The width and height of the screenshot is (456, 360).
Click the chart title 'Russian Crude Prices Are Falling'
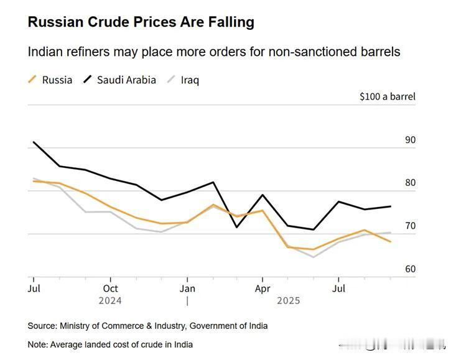click(x=141, y=22)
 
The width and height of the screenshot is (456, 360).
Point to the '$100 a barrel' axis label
click(x=387, y=96)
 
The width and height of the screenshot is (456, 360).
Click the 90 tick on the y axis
click(x=410, y=140)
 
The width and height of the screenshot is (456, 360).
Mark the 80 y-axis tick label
click(x=410, y=183)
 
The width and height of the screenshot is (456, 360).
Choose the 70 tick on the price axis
click(x=410, y=226)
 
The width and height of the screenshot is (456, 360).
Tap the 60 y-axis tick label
click(x=410, y=269)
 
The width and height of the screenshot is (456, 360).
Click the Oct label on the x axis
click(x=110, y=288)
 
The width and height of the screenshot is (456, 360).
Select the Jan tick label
click(x=187, y=288)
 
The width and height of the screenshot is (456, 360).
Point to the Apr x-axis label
click(x=263, y=288)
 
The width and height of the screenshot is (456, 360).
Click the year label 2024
click(x=110, y=301)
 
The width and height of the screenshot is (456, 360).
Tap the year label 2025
click(x=288, y=301)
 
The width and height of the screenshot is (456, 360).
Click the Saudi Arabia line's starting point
click(x=34, y=142)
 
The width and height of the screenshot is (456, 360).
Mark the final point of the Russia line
click(x=391, y=241)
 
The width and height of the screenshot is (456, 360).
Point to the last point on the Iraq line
click(x=391, y=233)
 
